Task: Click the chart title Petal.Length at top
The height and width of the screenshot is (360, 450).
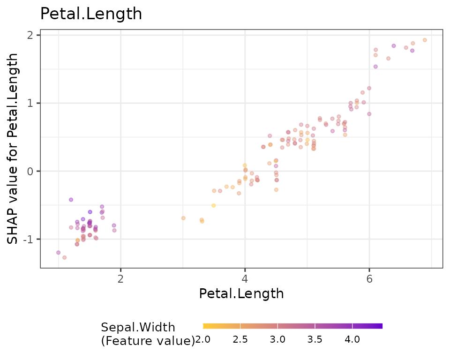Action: (x=91, y=14)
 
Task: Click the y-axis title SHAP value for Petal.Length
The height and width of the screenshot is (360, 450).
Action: (x=13, y=149)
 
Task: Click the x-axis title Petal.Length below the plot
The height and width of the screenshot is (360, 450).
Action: (x=241, y=294)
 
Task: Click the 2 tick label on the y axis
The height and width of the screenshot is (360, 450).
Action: (x=30, y=35)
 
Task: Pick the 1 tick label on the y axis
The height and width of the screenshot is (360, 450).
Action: (x=30, y=103)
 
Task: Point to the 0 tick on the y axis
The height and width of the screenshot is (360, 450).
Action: (x=30, y=171)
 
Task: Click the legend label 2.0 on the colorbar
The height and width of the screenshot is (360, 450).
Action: (x=203, y=340)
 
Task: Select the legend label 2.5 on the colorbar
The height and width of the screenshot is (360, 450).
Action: (x=240, y=340)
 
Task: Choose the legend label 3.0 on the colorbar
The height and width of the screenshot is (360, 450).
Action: (x=277, y=340)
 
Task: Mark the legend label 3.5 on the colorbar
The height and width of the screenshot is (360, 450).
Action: (x=315, y=340)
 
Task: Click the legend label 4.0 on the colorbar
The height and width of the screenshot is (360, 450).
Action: (x=352, y=340)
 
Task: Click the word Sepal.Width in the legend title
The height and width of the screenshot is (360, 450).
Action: (x=138, y=327)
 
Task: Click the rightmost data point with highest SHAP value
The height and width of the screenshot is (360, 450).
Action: (x=425, y=40)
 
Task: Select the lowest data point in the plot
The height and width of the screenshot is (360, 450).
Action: (x=65, y=257)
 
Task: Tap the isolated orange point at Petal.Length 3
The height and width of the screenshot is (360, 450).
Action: (x=183, y=218)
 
